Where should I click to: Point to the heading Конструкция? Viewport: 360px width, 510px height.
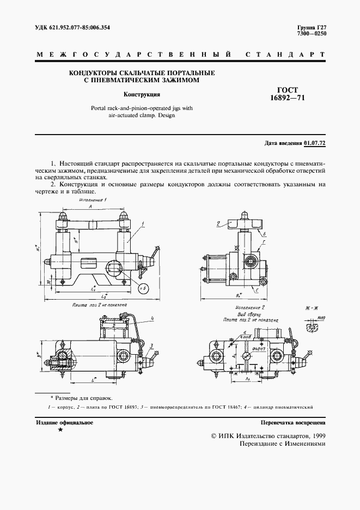coord(141,94)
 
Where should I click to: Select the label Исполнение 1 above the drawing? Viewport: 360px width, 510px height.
coord(92,200)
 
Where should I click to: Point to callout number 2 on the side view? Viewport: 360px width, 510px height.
coord(217,222)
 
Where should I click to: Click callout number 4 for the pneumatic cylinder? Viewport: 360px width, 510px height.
coord(154,318)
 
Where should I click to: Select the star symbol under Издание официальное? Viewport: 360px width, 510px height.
coord(60,430)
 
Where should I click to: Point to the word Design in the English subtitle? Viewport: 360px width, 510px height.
coord(167,116)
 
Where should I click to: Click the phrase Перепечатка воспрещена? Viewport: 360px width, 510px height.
coord(293,422)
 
